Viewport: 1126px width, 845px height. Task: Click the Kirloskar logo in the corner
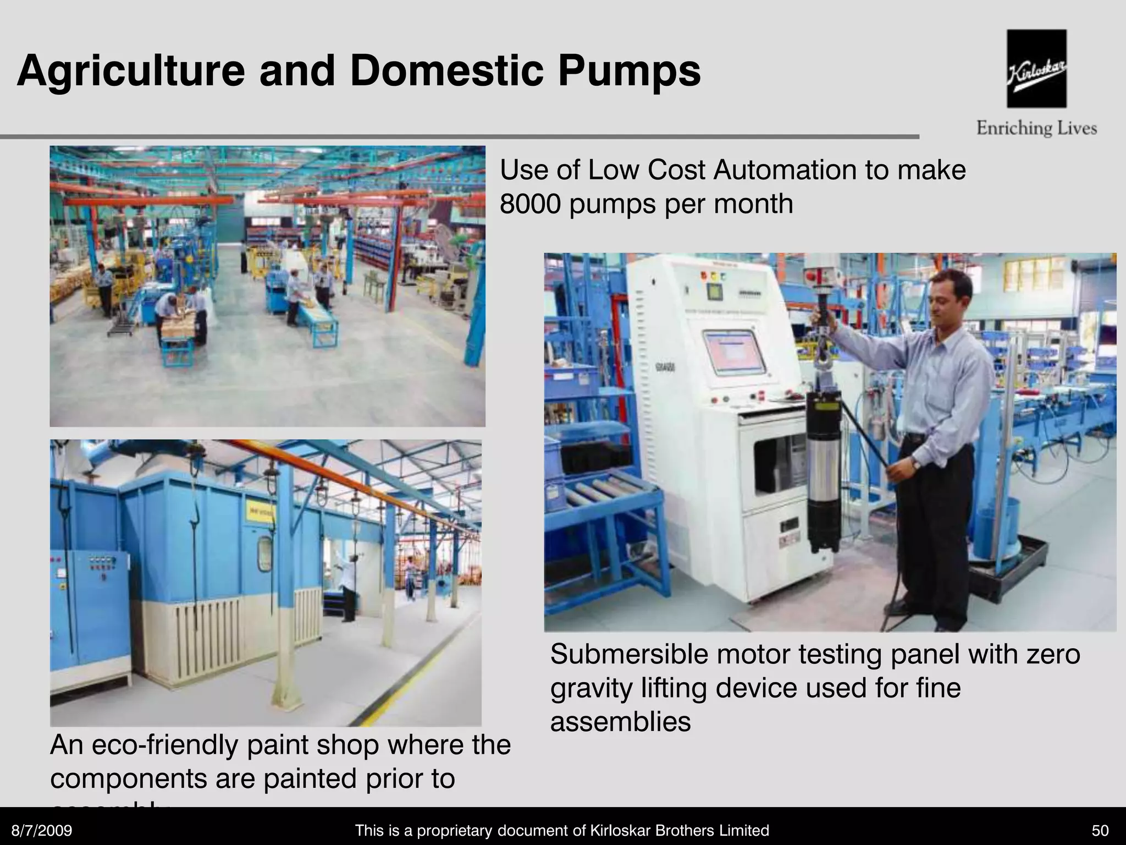pyautogui.click(x=1036, y=69)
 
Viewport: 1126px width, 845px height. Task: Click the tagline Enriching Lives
pyautogui.click(x=1036, y=129)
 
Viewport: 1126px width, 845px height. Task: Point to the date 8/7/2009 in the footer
pyautogui.click(x=42, y=830)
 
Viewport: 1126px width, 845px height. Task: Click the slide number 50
pyautogui.click(x=1100, y=830)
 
